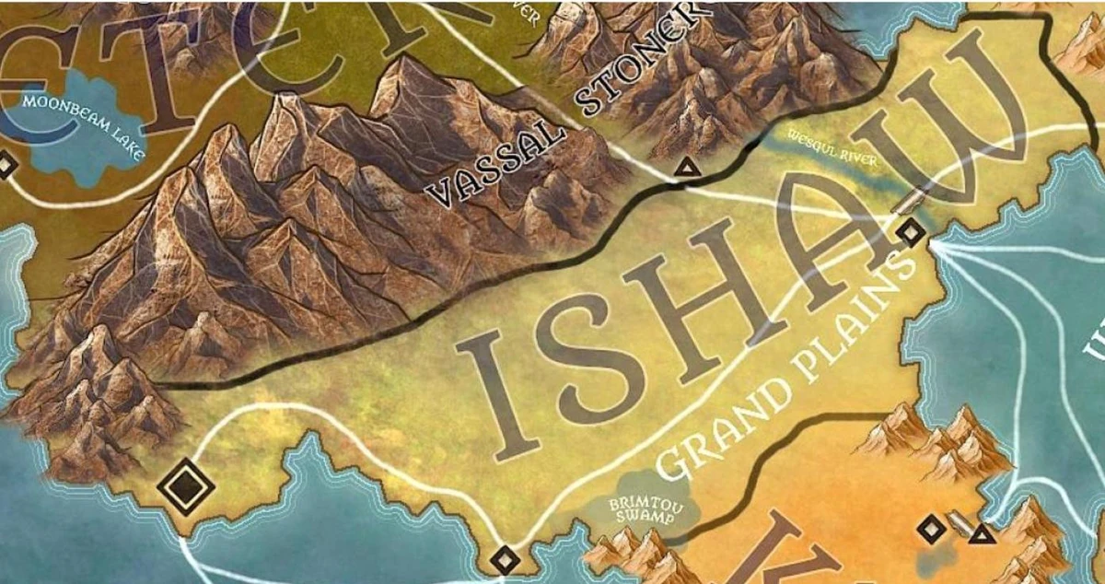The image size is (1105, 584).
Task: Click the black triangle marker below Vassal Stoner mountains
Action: (x=685, y=168)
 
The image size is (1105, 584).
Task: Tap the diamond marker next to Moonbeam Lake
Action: (x=6, y=166)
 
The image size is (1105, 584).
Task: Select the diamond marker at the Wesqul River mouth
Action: (x=911, y=232)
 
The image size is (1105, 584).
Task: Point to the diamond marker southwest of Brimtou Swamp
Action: (x=504, y=558)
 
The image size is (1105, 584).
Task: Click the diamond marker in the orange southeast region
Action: (x=930, y=529)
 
